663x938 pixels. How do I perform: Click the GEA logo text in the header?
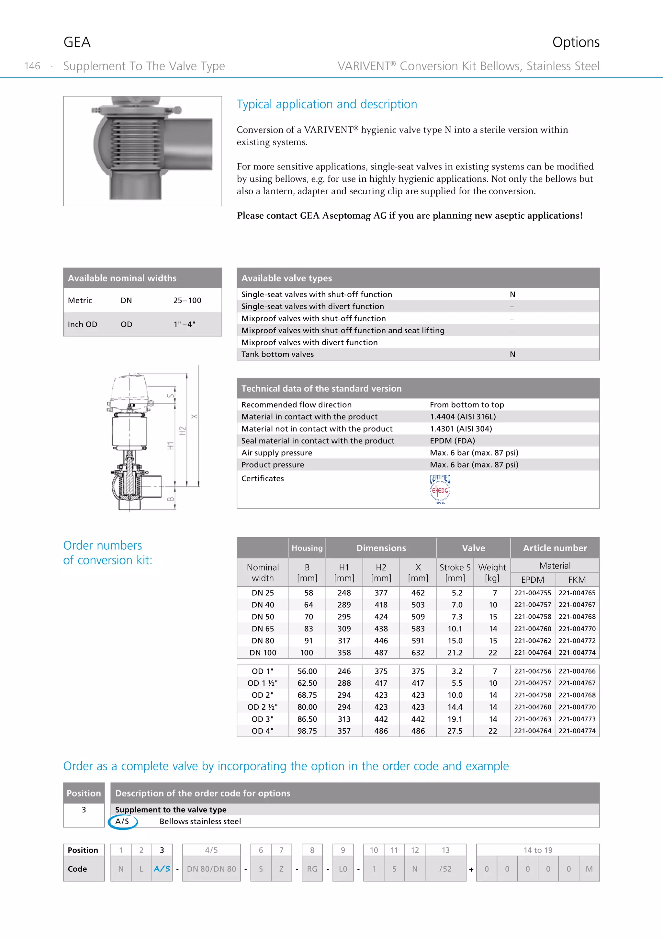coord(77,42)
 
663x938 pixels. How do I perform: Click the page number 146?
coord(32,66)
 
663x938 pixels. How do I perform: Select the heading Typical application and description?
coord(327,104)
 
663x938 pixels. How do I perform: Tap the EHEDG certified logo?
coord(440,489)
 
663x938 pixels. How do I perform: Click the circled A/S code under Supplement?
coord(122,821)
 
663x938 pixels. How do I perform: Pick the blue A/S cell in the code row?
coord(162,869)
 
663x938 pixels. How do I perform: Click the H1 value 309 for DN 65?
coord(344,629)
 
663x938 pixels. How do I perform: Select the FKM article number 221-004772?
coord(577,641)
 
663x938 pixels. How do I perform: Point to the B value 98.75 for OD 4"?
coord(307,731)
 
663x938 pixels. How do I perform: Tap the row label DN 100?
coord(263,652)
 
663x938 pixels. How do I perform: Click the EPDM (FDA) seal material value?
coord(452,440)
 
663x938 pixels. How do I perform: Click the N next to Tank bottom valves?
coord(512,354)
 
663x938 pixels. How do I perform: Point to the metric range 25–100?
coord(187,300)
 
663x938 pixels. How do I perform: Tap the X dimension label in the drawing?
coord(194,416)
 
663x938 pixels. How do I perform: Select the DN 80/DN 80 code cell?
coord(211,869)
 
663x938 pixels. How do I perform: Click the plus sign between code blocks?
coord(471,869)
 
